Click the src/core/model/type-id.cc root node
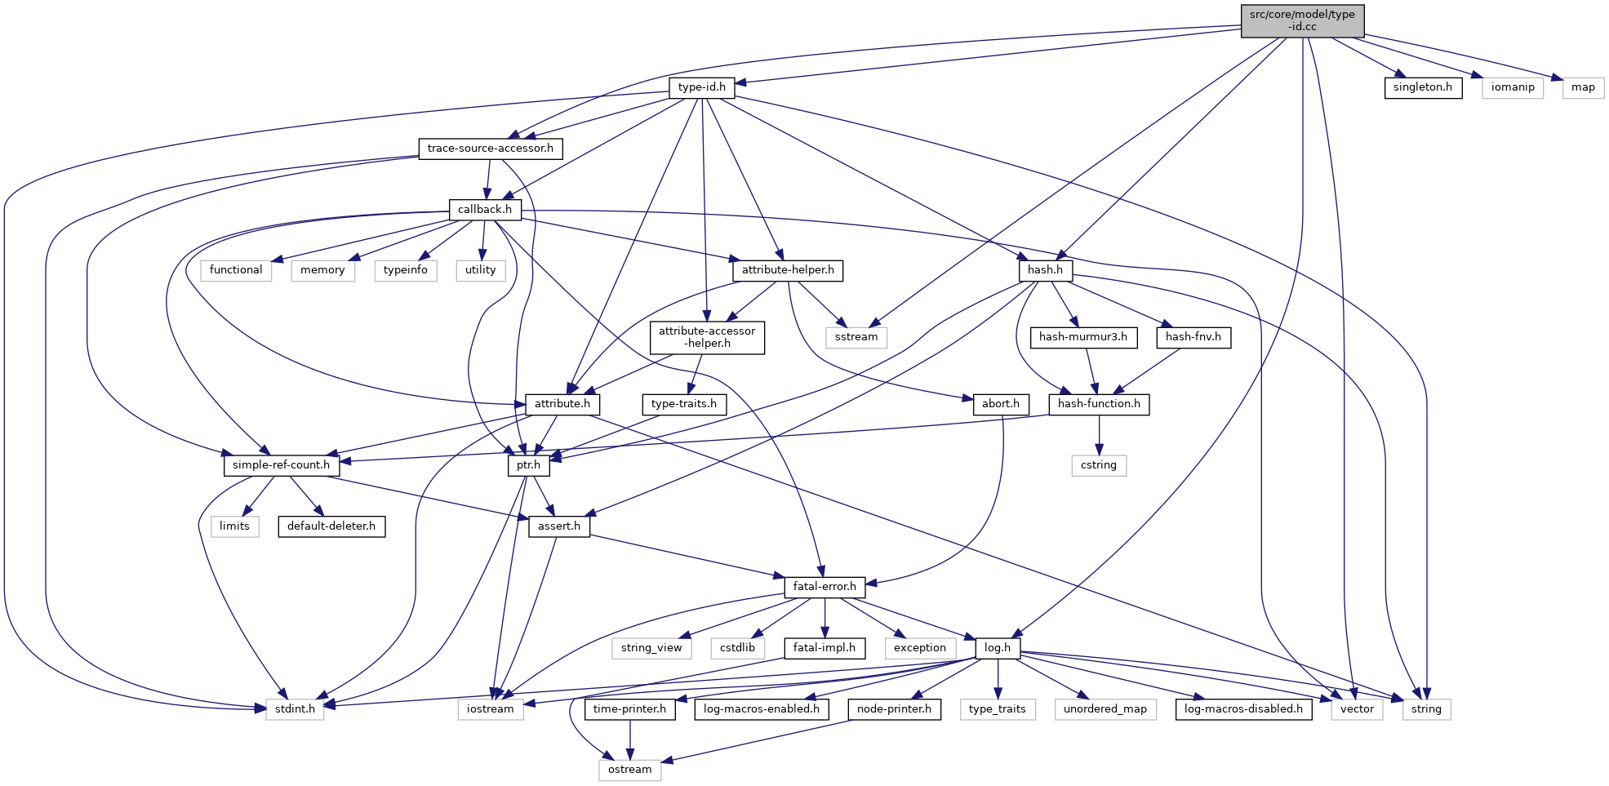point(1302,20)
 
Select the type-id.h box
point(701,87)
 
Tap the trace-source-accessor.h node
point(490,149)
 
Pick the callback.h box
point(485,210)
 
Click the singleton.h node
point(1422,87)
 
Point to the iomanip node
point(1512,87)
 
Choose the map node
point(1583,87)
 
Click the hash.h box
point(1045,270)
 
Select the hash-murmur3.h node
point(1082,337)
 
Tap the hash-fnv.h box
point(1193,337)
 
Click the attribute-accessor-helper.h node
point(707,337)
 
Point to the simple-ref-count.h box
point(281,465)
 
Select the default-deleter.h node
point(331,526)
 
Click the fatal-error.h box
point(825,587)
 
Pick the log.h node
point(997,648)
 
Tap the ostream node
point(629,770)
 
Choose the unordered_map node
point(1105,709)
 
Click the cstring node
point(1098,465)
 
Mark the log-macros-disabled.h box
point(1243,709)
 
